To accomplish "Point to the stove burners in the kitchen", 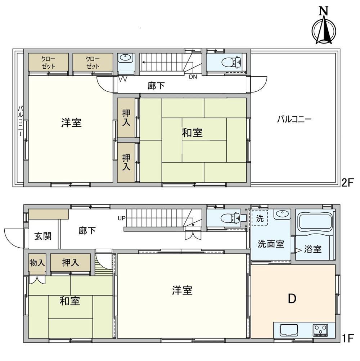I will pyautogui.click(x=320, y=329).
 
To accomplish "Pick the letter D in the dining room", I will pyautogui.click(x=292, y=298).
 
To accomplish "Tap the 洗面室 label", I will pyautogui.click(x=271, y=244).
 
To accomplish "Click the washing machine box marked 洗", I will pyautogui.click(x=260, y=218).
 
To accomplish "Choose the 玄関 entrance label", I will pyautogui.click(x=43, y=236).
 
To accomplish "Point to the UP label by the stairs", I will pyautogui.click(x=122, y=218).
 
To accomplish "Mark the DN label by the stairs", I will pyautogui.click(x=193, y=76).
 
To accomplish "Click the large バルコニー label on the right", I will pyautogui.click(x=294, y=119).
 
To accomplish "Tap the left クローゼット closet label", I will pyautogui.click(x=48, y=62).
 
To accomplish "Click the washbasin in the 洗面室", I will pyautogui.click(x=282, y=215).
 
